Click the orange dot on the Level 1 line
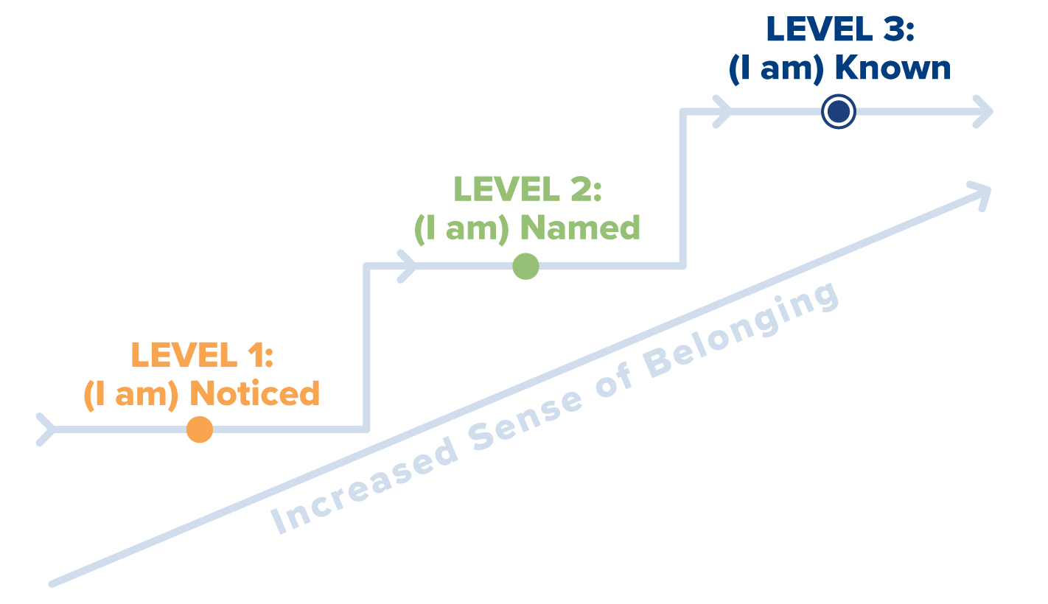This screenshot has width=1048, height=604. [199, 429]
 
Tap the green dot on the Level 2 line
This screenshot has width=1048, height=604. [525, 267]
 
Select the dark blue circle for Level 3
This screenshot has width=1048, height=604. [838, 112]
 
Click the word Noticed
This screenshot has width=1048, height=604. [255, 393]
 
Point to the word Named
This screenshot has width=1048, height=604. [580, 228]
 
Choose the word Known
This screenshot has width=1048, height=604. [893, 69]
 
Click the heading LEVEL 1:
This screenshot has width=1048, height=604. [202, 355]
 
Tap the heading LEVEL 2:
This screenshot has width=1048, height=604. [527, 189]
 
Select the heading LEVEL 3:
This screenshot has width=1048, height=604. [839, 29]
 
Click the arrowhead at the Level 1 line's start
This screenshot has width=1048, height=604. [46, 429]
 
